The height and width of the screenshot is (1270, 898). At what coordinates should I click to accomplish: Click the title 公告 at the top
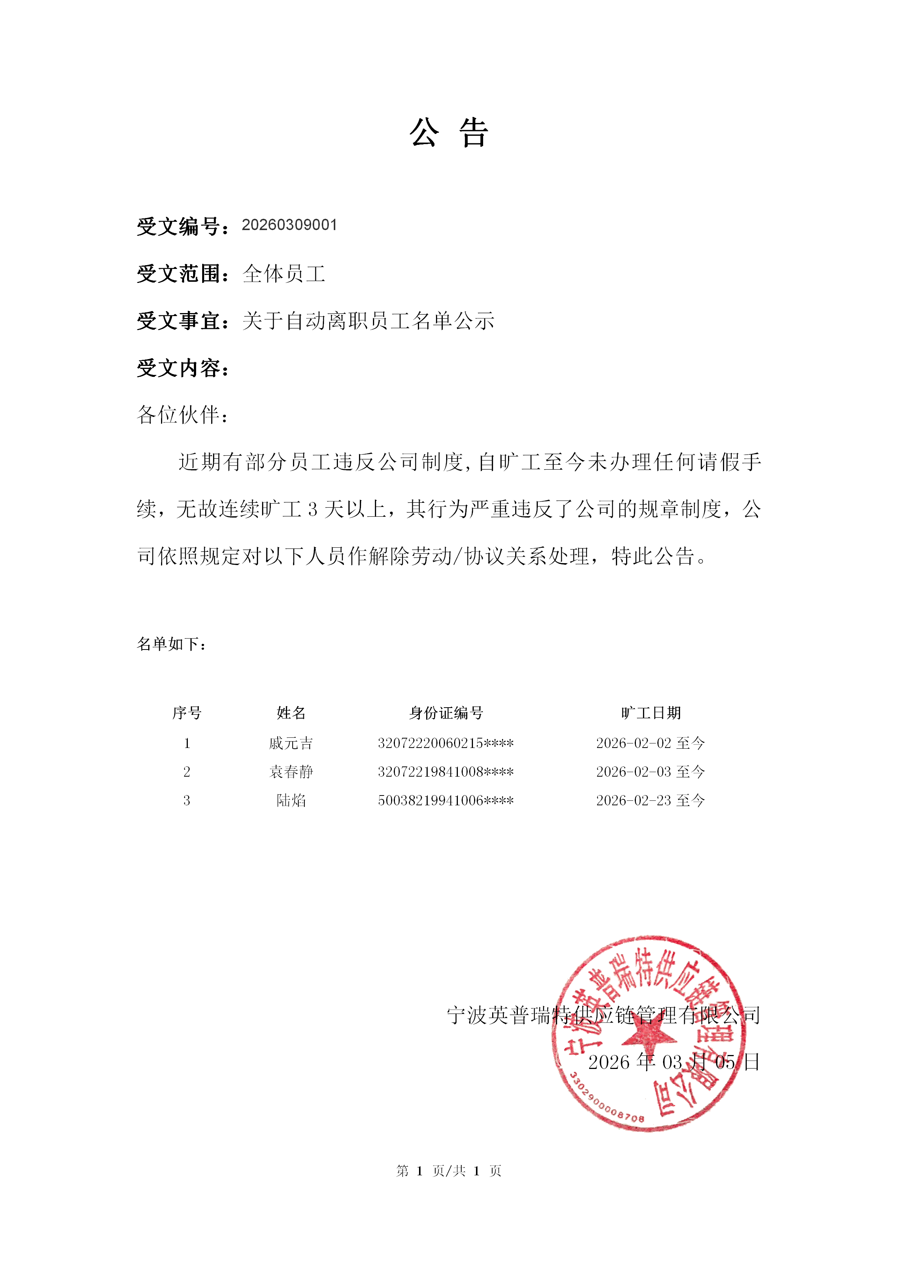point(448,133)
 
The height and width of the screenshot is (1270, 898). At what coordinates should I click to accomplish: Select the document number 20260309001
point(289,225)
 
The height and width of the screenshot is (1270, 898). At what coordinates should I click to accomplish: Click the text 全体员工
point(284,274)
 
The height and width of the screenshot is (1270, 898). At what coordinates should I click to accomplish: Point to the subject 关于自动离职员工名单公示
point(368,321)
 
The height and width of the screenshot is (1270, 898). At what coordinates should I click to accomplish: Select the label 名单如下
point(172,644)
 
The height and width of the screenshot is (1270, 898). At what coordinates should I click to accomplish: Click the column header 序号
point(187,713)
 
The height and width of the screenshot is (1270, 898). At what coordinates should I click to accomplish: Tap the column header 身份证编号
point(446,713)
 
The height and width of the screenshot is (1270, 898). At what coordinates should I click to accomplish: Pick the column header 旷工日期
point(651,713)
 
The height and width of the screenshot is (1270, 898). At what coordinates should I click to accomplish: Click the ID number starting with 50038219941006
point(446,800)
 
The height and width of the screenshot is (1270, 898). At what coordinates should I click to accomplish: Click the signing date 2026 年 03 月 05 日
point(674,1062)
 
